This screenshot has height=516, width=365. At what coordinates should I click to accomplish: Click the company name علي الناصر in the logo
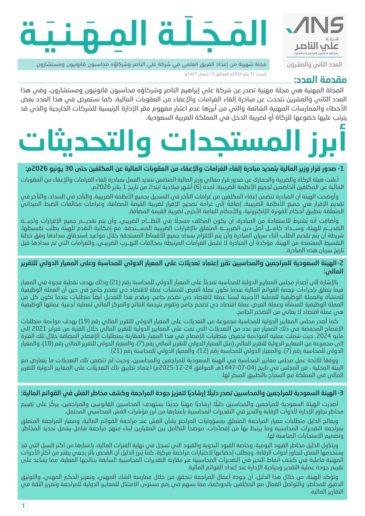316,46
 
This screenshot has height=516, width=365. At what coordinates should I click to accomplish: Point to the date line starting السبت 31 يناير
225,74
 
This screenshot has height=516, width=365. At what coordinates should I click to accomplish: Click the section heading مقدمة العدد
320,80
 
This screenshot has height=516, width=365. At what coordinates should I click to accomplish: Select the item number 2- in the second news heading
340,263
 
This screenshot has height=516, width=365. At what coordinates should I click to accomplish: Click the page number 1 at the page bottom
23,506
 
